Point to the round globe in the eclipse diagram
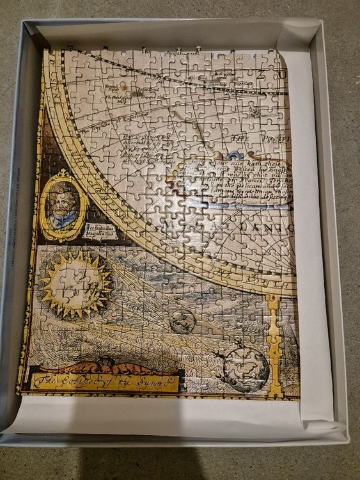[x=247, y=370]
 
